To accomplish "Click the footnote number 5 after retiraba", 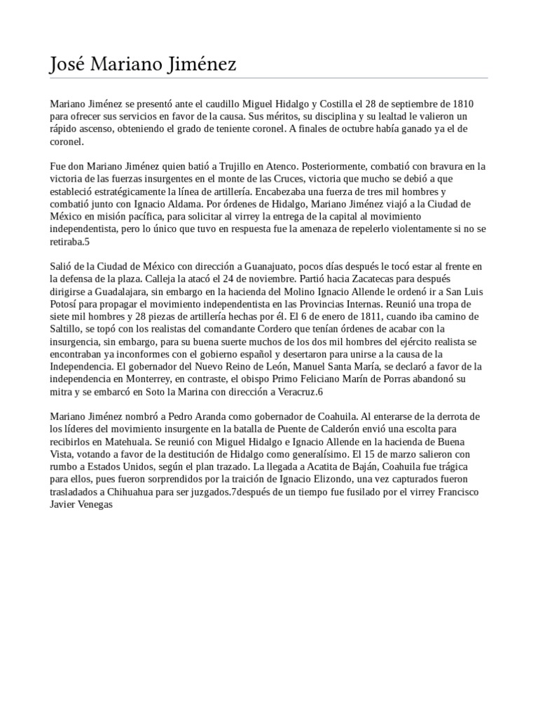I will click(x=88, y=242).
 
